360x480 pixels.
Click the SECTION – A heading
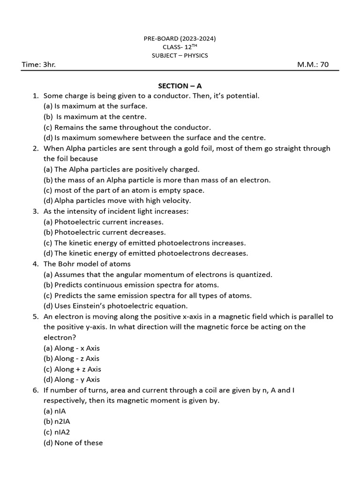pos(180,85)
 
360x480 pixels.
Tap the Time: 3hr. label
pos(39,65)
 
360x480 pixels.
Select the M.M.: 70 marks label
pos(313,65)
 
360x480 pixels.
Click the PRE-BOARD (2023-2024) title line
pos(180,39)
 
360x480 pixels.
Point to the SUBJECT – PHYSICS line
pos(180,55)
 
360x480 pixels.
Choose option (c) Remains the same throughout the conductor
pos(127,127)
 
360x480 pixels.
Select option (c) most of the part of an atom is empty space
pos(124,190)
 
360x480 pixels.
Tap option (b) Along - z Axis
pos(71,359)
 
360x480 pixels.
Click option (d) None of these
pos(73,442)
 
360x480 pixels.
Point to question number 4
pos(35,264)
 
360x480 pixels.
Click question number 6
pos(35,390)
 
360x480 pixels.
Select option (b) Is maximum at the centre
pos(96,117)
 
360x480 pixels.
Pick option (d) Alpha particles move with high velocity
pos(117,201)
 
